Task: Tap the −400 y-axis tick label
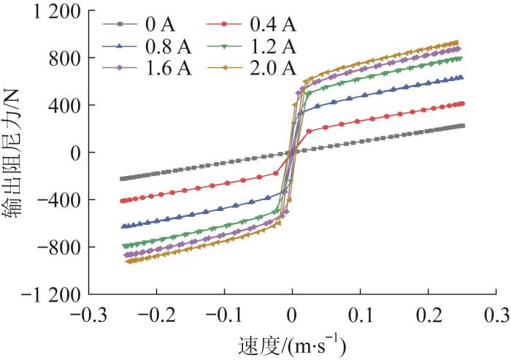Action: [53, 200]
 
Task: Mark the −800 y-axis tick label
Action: [53, 248]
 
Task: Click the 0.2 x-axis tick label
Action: [429, 315]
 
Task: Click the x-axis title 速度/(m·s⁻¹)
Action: [292, 344]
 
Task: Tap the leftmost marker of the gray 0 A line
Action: [122, 178]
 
